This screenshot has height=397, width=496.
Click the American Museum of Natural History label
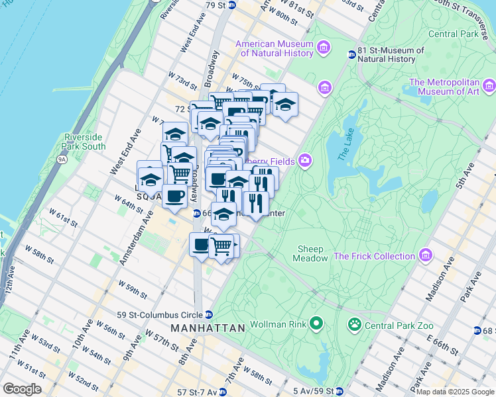tap(274, 49)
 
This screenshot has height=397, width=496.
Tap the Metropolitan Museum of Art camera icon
tap(489, 86)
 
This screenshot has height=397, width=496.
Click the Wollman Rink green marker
tap(317, 324)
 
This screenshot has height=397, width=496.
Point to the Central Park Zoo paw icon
tap(355, 324)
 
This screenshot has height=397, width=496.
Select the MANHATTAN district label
tap(208, 328)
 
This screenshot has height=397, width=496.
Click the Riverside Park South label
tap(84, 142)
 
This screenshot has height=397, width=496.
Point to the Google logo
tap(22, 389)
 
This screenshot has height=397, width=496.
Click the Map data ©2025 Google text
tap(456, 392)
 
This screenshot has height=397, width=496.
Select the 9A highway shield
tap(62, 159)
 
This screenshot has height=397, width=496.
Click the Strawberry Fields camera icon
tap(305, 160)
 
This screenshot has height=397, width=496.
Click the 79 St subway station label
tap(220, 5)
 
